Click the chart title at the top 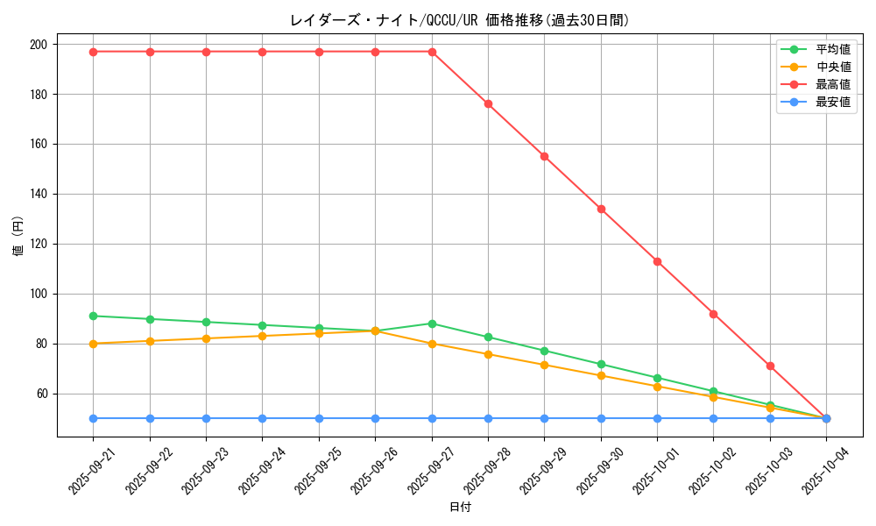459,20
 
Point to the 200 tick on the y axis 39,44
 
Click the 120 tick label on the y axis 39,244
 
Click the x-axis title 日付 460,508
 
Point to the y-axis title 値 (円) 18,237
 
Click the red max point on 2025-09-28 488,103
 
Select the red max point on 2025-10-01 657,261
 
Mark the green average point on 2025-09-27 432,323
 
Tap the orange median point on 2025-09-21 94,344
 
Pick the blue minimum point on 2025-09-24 263,418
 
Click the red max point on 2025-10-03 770,366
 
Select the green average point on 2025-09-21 94,316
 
